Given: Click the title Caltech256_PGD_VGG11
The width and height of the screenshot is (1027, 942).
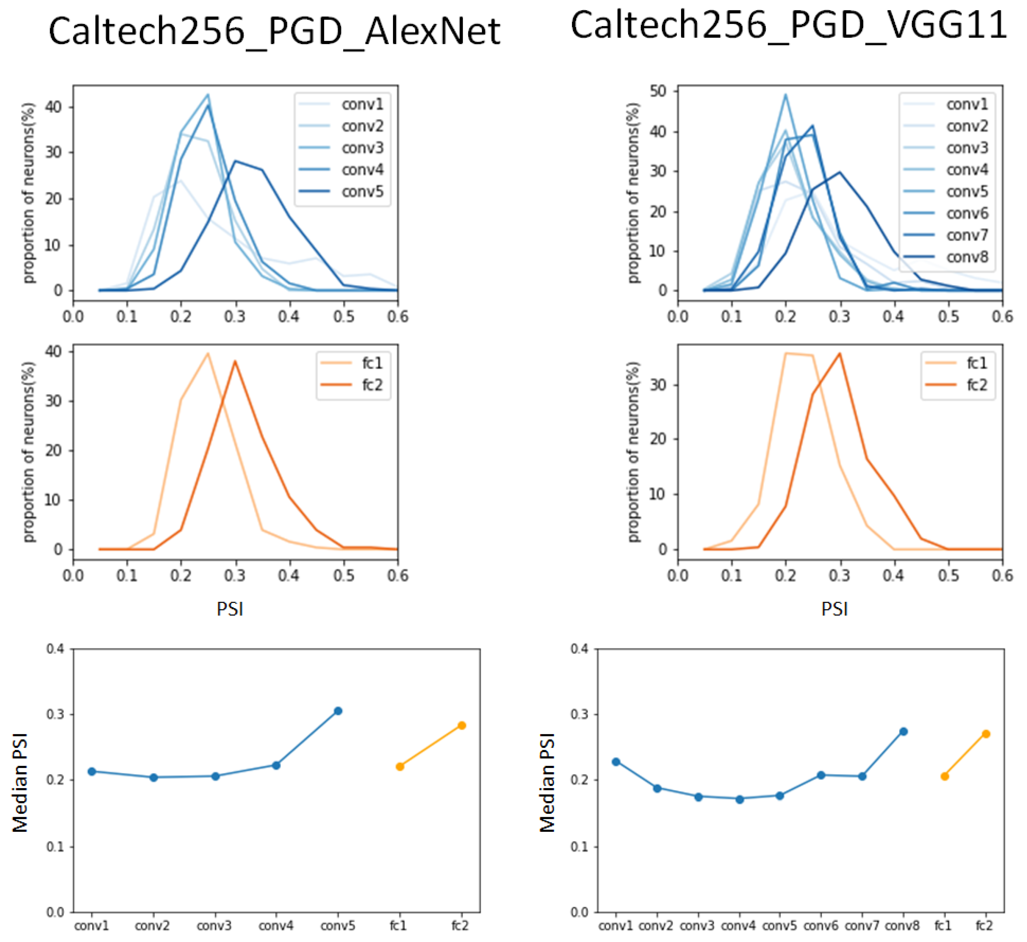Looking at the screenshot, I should pyautogui.click(x=788, y=25).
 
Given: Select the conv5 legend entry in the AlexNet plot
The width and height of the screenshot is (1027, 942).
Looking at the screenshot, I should pyautogui.click(x=362, y=192).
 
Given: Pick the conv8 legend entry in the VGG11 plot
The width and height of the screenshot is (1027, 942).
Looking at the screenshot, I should pyautogui.click(x=967, y=257).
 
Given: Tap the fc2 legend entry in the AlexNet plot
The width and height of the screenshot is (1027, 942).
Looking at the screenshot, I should pyautogui.click(x=372, y=385).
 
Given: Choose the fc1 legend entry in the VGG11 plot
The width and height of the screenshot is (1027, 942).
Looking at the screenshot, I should pyautogui.click(x=977, y=363).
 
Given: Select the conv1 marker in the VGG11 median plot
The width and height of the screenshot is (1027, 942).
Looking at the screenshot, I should pyautogui.click(x=616, y=761).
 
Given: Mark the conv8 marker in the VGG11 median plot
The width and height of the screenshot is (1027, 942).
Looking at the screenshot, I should pyautogui.click(x=903, y=731).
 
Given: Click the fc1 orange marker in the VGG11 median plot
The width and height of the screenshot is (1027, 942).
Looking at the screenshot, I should pyautogui.click(x=944, y=776).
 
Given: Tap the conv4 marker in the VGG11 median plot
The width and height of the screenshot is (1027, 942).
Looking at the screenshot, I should pyautogui.click(x=739, y=799).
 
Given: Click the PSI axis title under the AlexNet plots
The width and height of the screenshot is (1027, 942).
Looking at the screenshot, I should pyautogui.click(x=230, y=609).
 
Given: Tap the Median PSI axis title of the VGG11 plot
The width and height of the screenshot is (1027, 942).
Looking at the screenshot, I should pyautogui.click(x=547, y=782).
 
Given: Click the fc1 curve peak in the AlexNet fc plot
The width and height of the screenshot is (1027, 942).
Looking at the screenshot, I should pyautogui.click(x=208, y=353).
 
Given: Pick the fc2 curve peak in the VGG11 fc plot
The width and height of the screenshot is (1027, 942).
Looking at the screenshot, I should pyautogui.click(x=839, y=353).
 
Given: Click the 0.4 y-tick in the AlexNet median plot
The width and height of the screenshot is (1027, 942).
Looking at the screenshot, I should pyautogui.click(x=56, y=649).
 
